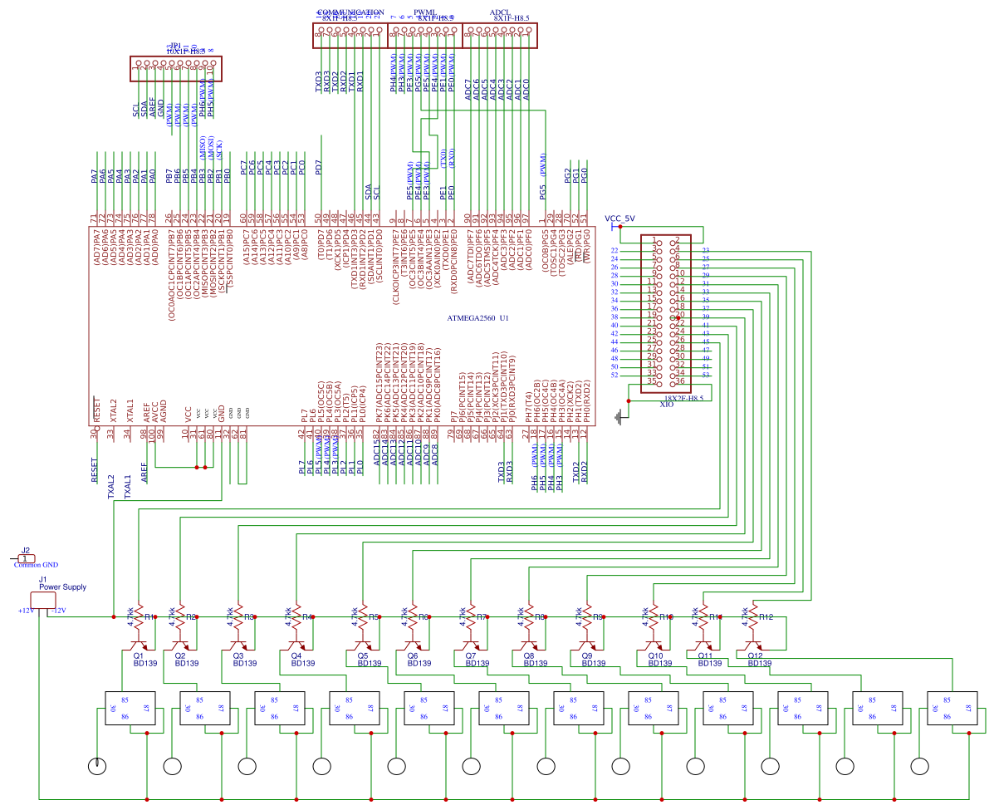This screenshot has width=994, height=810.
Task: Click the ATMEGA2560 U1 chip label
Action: tap(477, 318)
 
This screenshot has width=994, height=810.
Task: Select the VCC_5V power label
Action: tap(619, 218)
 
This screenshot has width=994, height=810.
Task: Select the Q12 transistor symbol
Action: tap(753, 645)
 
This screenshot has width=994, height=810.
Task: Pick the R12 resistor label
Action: tap(766, 617)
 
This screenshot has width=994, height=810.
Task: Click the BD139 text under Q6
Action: tap(419, 664)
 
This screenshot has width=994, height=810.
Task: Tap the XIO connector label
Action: tap(666, 405)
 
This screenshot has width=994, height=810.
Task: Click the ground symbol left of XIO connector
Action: tap(619, 417)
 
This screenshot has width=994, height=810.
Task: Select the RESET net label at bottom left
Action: tap(95, 469)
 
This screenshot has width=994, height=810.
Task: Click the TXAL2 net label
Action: tap(111, 485)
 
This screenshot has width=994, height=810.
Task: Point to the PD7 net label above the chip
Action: tap(319, 166)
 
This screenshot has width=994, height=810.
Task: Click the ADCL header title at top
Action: tap(500, 12)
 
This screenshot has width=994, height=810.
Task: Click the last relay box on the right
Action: tap(949, 708)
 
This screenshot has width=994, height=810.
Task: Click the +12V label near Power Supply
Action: tap(26, 611)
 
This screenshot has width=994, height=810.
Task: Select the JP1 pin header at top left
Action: tap(175, 69)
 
